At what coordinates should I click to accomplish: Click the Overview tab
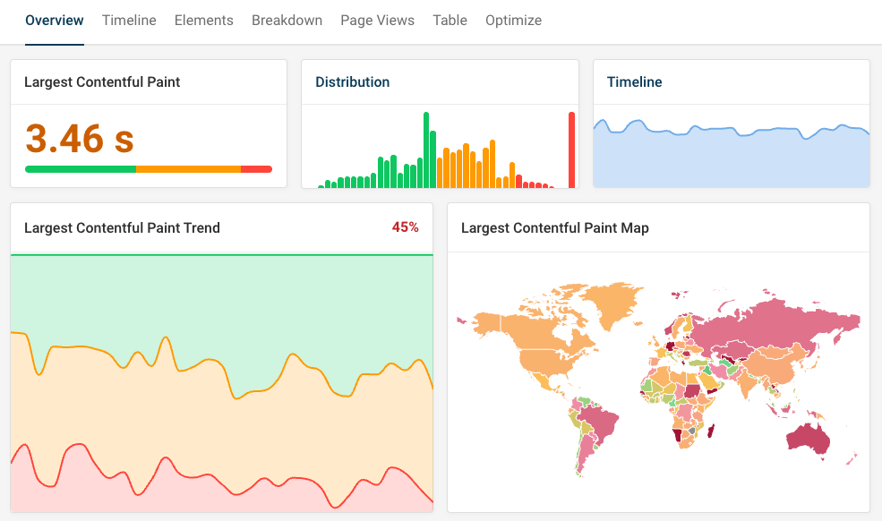55,20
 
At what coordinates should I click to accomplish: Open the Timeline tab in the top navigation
129,20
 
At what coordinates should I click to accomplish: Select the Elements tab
203,20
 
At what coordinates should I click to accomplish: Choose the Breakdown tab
287,20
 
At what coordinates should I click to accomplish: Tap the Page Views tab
377,20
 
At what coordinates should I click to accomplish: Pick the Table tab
450,20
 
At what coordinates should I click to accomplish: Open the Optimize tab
513,20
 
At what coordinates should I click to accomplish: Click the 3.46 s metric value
79,138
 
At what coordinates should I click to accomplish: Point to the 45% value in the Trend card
405,227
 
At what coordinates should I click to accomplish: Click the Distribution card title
352,82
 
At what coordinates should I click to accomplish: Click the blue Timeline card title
634,82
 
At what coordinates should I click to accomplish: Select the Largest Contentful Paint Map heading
554,228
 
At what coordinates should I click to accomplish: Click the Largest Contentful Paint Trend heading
122,228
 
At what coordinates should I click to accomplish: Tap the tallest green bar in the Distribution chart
426,149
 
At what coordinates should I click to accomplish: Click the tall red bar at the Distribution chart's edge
571,149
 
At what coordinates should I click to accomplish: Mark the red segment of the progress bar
256,168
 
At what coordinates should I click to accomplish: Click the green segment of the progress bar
80,168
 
